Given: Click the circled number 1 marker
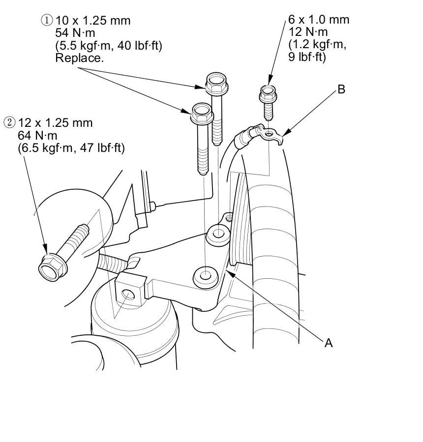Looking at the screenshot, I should (x=47, y=21).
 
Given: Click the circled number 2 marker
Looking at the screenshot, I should (x=8, y=122).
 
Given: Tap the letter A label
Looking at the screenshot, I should (x=329, y=343).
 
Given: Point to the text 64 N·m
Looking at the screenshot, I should (x=37, y=135).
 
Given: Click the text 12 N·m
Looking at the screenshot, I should (x=308, y=32).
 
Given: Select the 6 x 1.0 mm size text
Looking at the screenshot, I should (x=319, y=20).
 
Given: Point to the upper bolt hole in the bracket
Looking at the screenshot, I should (x=218, y=232).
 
